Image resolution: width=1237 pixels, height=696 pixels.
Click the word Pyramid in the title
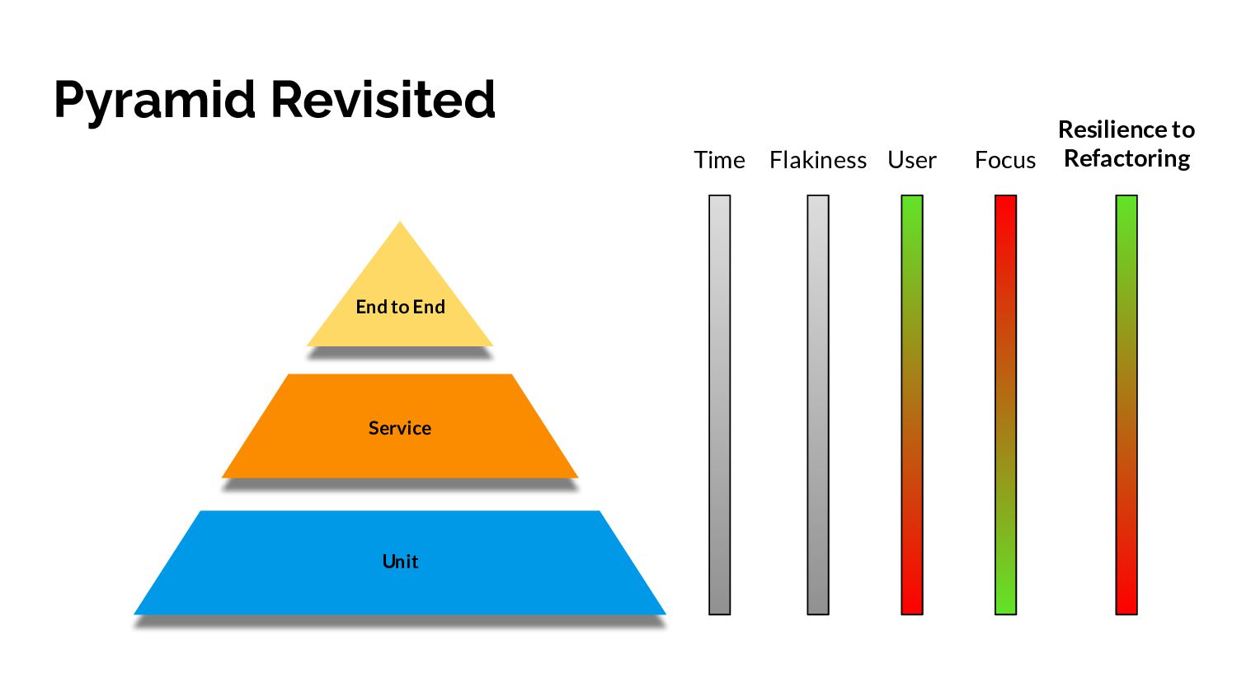pos(156,100)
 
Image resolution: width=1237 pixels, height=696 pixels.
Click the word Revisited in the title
pos(383,100)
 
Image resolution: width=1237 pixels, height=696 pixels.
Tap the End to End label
pos(400,307)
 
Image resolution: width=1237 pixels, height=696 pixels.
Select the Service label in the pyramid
pos(400,428)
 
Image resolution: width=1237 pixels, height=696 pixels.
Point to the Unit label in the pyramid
pos(400,562)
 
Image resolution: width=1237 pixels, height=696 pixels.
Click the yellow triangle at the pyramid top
pos(400,272)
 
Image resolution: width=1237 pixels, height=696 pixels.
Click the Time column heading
pos(719,160)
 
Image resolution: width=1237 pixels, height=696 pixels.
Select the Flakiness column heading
pos(817,160)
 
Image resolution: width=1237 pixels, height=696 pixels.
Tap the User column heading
pos(911,160)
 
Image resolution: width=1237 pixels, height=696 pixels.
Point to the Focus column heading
pos(1004,160)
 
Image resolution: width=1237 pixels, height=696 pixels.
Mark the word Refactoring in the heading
pos(1126,158)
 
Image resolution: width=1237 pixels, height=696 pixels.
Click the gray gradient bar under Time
pos(719,404)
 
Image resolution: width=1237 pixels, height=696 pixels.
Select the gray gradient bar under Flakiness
pos(817,404)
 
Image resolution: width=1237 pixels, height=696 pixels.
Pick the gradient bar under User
pos(911,404)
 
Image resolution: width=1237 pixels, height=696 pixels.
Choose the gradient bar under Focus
pos(1005,404)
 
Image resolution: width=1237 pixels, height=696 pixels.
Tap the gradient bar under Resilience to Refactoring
pos(1126,404)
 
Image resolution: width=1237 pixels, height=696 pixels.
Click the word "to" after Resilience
pos(1183,129)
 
